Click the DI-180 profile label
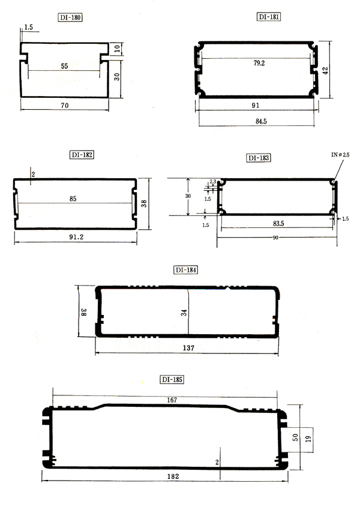click(x=70, y=17)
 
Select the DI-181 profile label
click(x=269, y=17)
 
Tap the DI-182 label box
click(x=82, y=155)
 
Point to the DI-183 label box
click(x=259, y=158)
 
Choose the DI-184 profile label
click(x=186, y=270)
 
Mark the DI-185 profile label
click(x=172, y=379)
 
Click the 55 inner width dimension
click(x=64, y=67)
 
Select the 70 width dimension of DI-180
click(x=65, y=106)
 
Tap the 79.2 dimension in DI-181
click(x=259, y=63)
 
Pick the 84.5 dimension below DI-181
click(x=261, y=121)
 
